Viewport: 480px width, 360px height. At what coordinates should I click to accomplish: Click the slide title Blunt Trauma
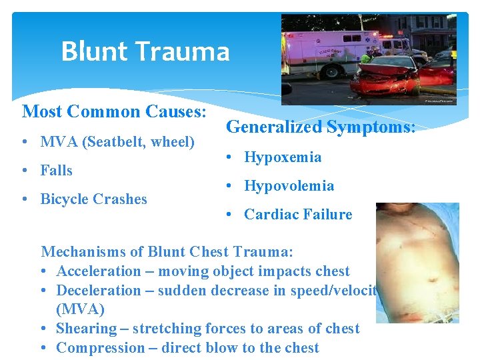[x=145, y=52]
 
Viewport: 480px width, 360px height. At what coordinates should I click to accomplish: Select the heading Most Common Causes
[x=114, y=111]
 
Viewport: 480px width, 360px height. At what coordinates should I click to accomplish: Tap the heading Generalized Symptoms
[x=321, y=127]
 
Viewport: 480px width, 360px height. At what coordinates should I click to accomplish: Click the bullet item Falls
[x=56, y=171]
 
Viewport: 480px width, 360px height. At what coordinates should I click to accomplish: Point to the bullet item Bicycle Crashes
[x=93, y=199]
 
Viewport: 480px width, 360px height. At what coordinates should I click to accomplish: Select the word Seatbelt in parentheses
[x=112, y=142]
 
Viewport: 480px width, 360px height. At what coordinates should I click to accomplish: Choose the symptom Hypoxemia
[x=283, y=157]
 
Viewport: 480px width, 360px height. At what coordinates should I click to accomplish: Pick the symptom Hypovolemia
[x=289, y=186]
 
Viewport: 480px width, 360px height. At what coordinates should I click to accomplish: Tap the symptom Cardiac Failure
[x=297, y=215]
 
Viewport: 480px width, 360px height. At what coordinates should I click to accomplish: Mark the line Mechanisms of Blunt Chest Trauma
[x=167, y=252]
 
